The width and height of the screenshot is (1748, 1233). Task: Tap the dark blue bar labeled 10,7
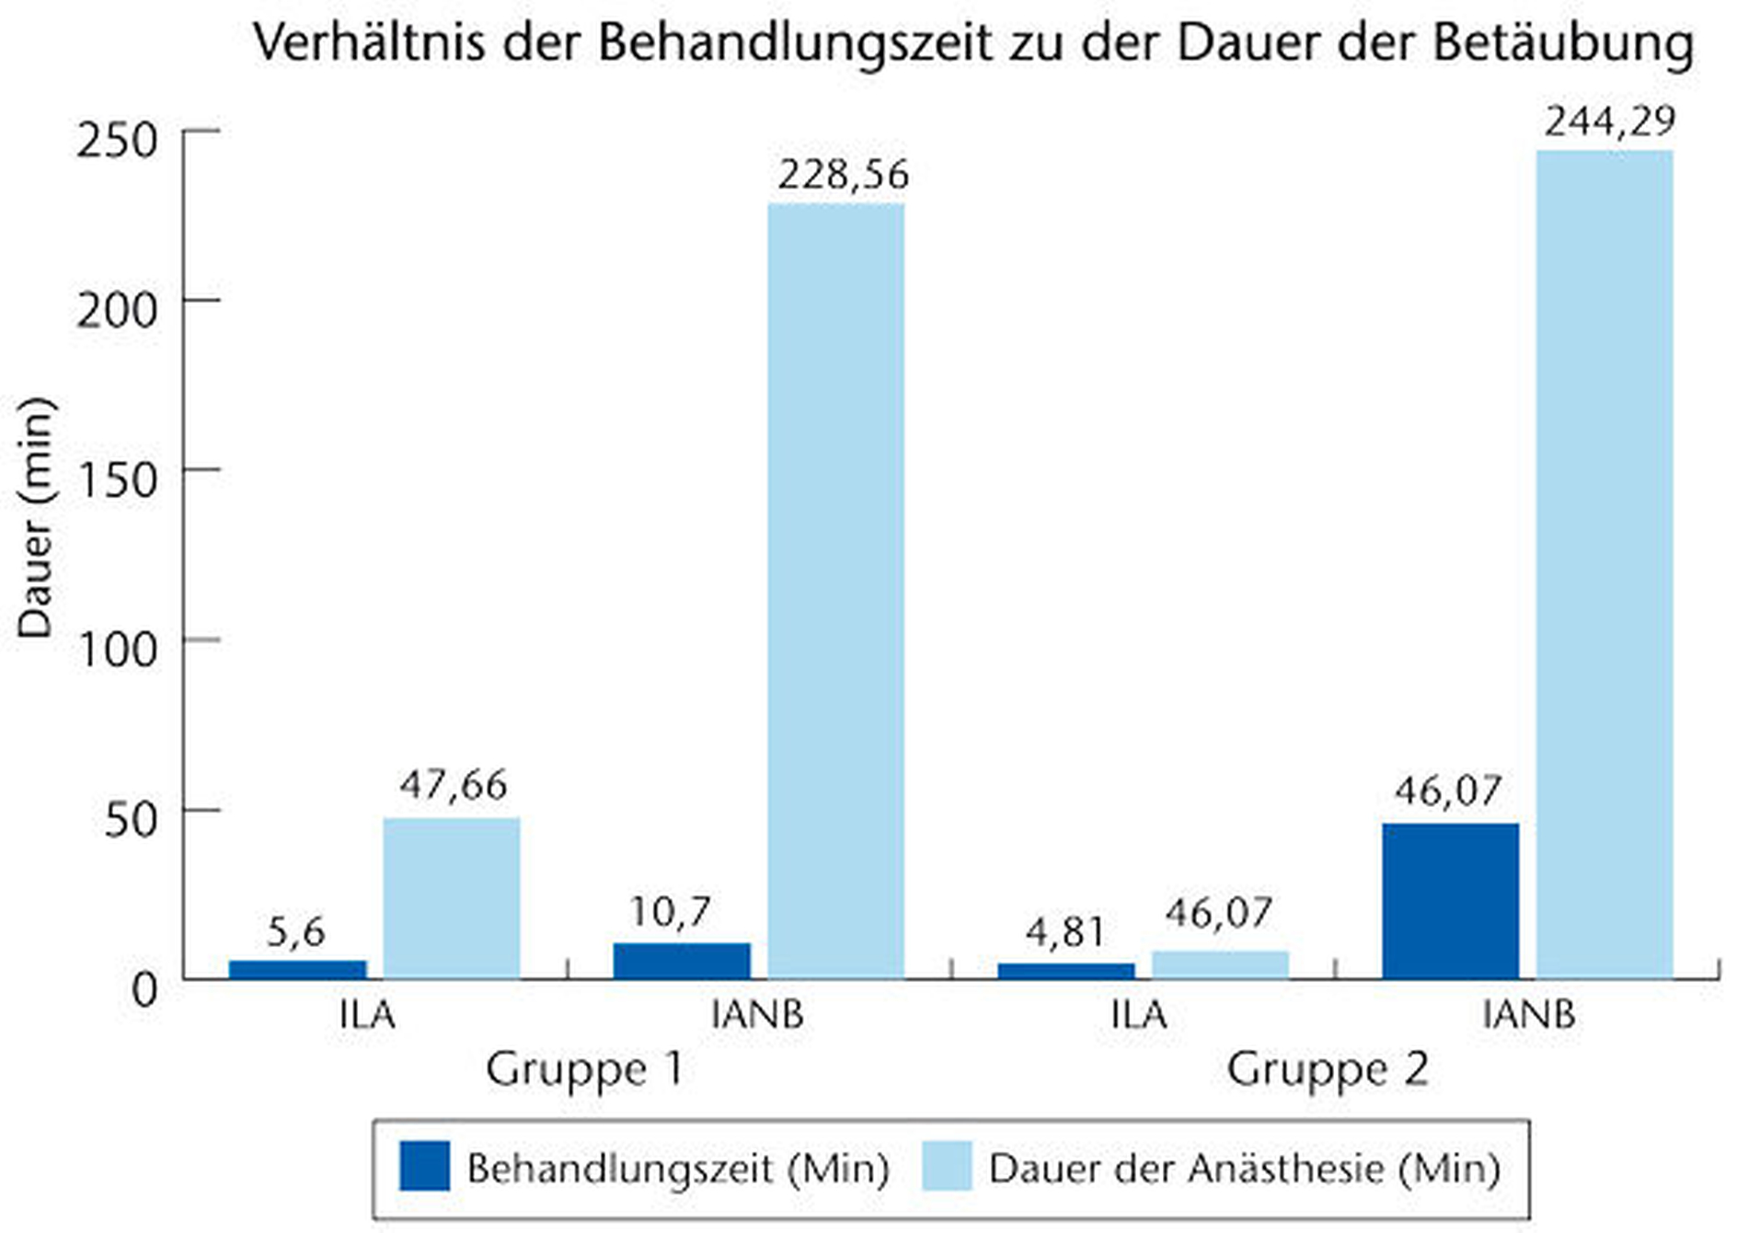682,961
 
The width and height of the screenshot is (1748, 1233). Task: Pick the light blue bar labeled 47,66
452,898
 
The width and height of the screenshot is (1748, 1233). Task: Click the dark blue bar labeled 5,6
297,970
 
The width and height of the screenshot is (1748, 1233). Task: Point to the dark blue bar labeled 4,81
1065,971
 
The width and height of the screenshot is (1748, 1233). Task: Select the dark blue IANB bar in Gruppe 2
1450,901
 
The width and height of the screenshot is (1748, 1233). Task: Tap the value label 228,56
843,175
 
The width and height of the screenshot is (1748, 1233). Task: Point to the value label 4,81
1065,933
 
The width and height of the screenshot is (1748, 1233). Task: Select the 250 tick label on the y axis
118,141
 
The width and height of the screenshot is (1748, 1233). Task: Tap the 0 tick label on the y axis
144,991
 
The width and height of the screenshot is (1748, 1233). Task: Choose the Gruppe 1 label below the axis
585,1070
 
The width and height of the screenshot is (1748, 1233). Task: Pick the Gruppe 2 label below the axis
1328,1070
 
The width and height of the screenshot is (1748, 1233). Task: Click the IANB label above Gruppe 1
758,1015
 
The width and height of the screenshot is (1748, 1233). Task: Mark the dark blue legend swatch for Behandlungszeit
424,1167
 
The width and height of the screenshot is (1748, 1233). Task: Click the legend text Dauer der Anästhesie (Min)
1244,1169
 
